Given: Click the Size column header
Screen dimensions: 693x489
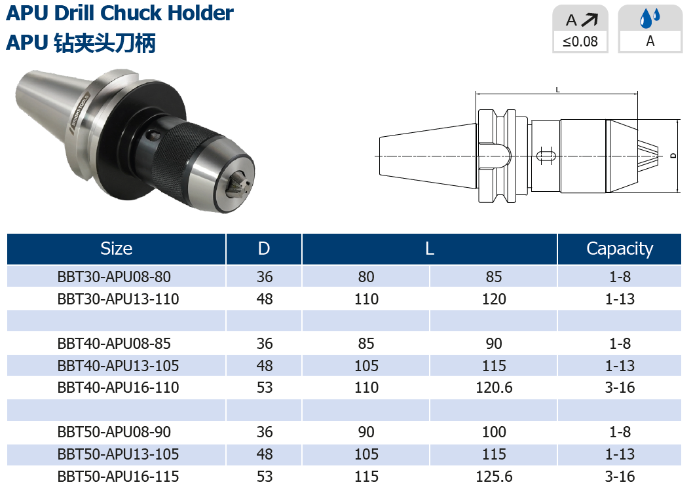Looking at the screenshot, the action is [x=116, y=249].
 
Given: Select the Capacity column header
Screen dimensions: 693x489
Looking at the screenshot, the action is [x=620, y=249].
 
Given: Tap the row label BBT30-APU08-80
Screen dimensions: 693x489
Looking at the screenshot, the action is [x=114, y=277].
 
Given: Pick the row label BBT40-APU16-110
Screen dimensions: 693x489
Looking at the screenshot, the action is [x=118, y=388].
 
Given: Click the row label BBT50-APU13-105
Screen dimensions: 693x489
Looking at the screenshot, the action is [x=118, y=454].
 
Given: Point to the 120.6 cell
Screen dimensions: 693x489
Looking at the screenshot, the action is [x=494, y=388].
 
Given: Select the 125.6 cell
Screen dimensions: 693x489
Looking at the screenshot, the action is [x=494, y=477].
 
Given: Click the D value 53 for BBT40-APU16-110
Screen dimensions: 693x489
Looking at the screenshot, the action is [x=264, y=388].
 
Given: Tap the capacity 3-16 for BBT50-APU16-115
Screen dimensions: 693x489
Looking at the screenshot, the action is [x=620, y=477].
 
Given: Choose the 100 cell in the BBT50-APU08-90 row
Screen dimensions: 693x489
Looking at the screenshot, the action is [x=494, y=432].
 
